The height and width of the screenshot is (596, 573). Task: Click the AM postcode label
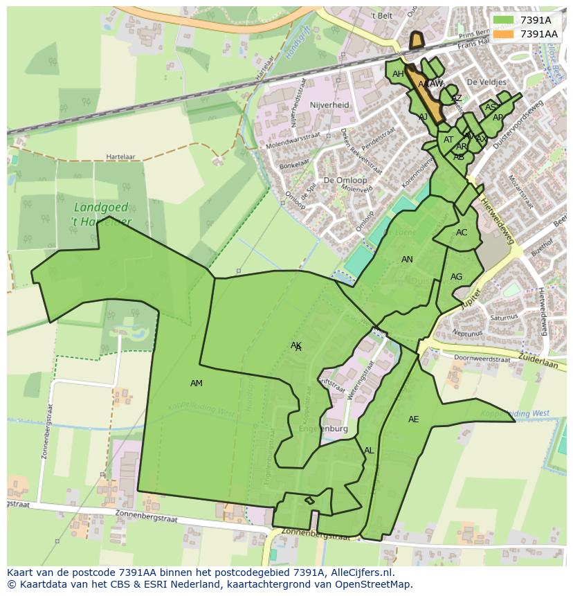pyautogui.click(x=197, y=383)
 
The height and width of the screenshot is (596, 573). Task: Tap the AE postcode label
pyautogui.click(x=413, y=419)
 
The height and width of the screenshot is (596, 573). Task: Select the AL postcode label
pyautogui.click(x=369, y=451)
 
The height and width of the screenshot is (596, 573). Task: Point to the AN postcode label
pyautogui.click(x=407, y=260)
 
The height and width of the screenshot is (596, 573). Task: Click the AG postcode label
pyautogui.click(x=456, y=277)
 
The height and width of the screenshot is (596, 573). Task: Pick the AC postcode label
pyautogui.click(x=462, y=233)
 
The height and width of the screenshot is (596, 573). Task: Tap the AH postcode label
pyautogui.click(x=398, y=74)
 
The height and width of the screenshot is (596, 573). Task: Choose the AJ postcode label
pyautogui.click(x=424, y=117)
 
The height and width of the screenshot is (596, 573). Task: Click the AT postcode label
pyautogui.click(x=448, y=140)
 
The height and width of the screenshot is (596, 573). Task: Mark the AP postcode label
pyautogui.click(x=498, y=118)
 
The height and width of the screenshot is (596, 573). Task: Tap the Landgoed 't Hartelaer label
pyautogui.click(x=102, y=215)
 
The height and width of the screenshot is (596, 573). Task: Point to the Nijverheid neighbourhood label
pyautogui.click(x=329, y=105)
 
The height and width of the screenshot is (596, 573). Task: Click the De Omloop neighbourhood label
pyautogui.click(x=345, y=180)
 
